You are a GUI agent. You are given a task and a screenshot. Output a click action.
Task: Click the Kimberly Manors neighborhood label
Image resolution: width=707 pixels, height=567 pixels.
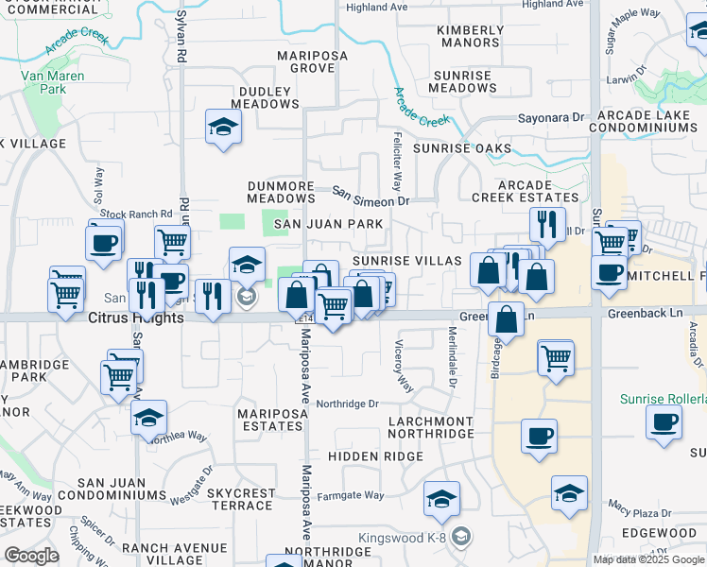469,36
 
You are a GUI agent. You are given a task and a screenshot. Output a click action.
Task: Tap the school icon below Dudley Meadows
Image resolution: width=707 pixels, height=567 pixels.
223,129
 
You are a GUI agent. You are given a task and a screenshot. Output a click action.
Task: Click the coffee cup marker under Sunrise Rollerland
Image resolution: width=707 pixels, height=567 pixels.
664,422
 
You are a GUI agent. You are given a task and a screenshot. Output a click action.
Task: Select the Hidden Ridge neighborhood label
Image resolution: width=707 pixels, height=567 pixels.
376,455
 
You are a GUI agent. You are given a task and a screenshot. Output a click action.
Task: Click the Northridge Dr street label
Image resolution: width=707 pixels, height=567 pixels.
347,404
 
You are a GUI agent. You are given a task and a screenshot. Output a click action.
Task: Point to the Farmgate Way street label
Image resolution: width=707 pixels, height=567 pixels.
350,495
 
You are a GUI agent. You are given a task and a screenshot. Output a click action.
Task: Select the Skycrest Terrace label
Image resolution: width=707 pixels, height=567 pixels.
241,500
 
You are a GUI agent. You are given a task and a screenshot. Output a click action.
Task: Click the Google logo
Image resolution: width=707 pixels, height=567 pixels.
31,556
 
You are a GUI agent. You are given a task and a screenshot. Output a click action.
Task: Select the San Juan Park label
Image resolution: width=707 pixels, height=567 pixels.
328,224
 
